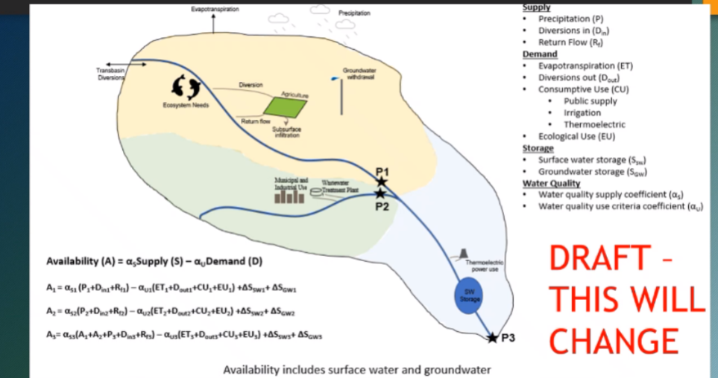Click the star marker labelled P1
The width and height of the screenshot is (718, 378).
coord(381,182)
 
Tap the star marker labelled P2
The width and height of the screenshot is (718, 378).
coord(381,193)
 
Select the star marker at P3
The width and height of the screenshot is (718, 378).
coord(492,338)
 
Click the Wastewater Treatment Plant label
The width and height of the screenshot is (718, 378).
coord(340,186)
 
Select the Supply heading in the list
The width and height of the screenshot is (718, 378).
coord(537,7)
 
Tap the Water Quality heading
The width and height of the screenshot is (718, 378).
coord(550,184)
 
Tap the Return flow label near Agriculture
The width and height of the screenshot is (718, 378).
coord(254,121)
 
